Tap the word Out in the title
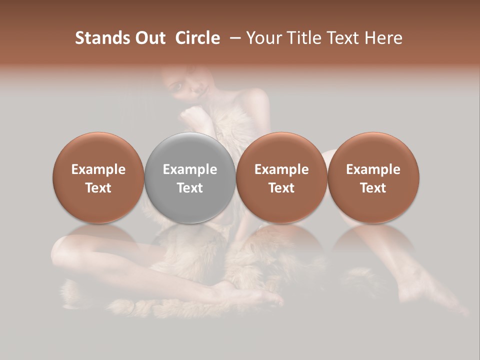(x=149, y=38)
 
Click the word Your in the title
(x=262, y=38)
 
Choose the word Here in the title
(x=383, y=38)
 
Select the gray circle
(x=190, y=177)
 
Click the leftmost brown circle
(x=98, y=177)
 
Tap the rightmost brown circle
(x=373, y=177)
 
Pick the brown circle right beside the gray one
(x=281, y=177)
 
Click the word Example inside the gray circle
(x=190, y=169)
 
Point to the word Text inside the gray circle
(x=190, y=188)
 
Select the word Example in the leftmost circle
(x=98, y=169)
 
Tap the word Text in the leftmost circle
(x=98, y=188)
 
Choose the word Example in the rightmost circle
(x=373, y=169)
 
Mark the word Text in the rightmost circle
(x=373, y=188)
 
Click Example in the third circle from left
(x=281, y=169)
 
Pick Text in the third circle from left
(x=281, y=188)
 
